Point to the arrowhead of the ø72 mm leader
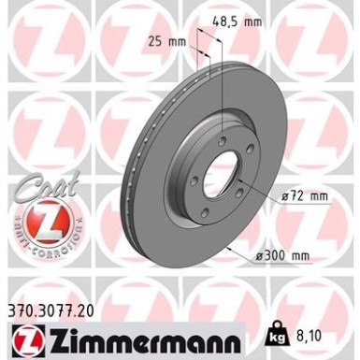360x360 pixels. pyautogui.click(x=245, y=187)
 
